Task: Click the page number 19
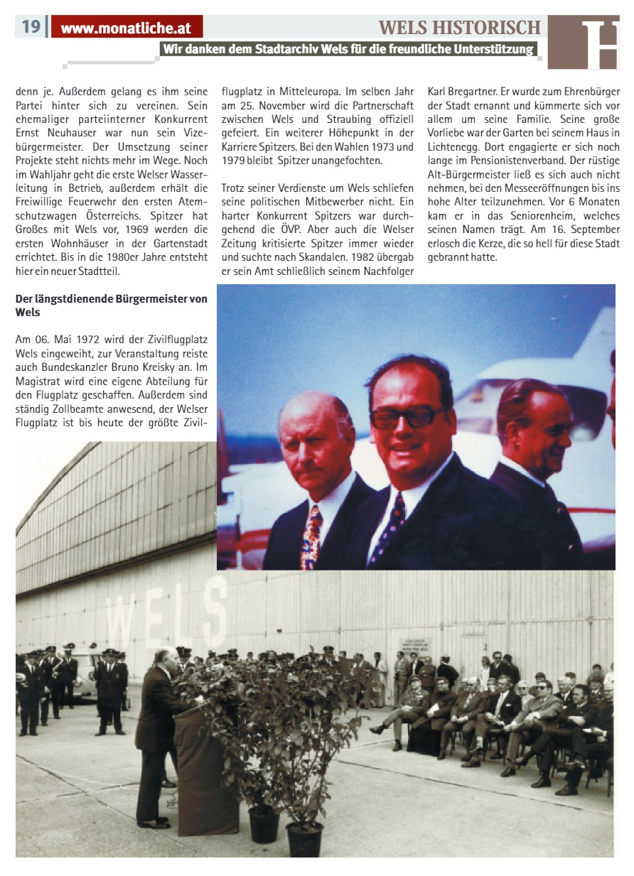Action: (31, 27)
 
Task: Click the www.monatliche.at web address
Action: (127, 28)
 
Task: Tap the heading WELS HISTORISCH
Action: (460, 27)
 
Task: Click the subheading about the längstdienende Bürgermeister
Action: (112, 305)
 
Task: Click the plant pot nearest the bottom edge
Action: (303, 838)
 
